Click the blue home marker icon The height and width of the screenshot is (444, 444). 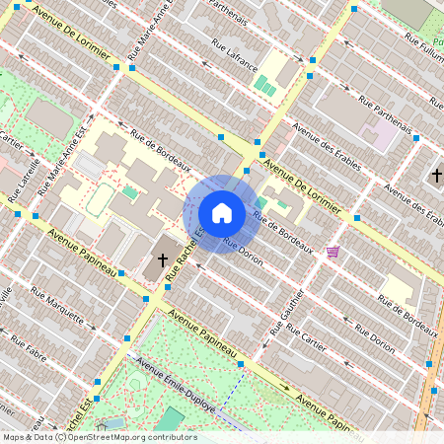pyautogui.click(x=222, y=212)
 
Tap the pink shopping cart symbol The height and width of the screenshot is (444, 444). pyautogui.click(x=333, y=252)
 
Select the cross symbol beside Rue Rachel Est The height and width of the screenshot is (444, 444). pyautogui.click(x=163, y=262)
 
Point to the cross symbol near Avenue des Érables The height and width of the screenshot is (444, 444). pyautogui.click(x=436, y=175)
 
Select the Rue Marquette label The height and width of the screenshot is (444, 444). pyautogui.click(x=56, y=305)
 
